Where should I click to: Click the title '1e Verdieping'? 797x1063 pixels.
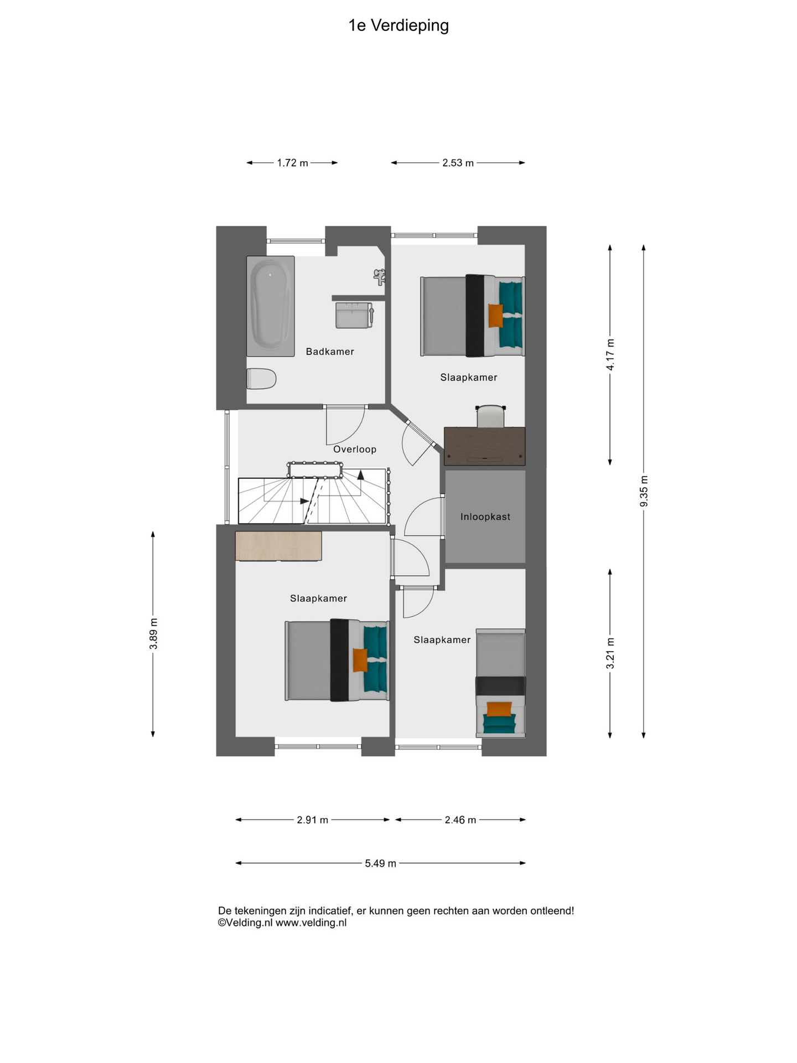click(x=398, y=25)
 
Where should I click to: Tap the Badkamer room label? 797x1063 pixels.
click(x=330, y=352)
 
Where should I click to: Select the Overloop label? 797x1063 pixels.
click(x=355, y=449)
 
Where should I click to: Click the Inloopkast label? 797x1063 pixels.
click(x=485, y=517)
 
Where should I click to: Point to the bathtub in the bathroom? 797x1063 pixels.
click(x=271, y=306)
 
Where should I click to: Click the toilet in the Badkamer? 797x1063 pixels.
click(x=261, y=379)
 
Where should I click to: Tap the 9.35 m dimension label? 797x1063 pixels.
click(x=644, y=491)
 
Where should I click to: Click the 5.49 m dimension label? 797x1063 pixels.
click(x=381, y=863)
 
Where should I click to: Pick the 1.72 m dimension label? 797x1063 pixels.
click(x=293, y=163)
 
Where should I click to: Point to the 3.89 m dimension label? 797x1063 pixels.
click(x=154, y=634)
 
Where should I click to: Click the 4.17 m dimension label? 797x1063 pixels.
click(x=610, y=355)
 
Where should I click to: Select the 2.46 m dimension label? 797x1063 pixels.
click(x=460, y=820)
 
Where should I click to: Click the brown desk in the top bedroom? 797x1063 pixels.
click(x=485, y=446)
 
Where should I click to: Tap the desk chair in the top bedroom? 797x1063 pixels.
click(x=491, y=416)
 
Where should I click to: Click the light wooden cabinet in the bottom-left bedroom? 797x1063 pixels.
click(x=278, y=546)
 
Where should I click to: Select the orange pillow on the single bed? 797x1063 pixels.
click(x=499, y=709)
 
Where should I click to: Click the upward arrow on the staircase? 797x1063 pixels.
click(x=361, y=474)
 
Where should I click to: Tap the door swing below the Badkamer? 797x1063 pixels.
click(x=345, y=425)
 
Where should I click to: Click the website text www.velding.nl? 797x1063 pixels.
click(x=311, y=922)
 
